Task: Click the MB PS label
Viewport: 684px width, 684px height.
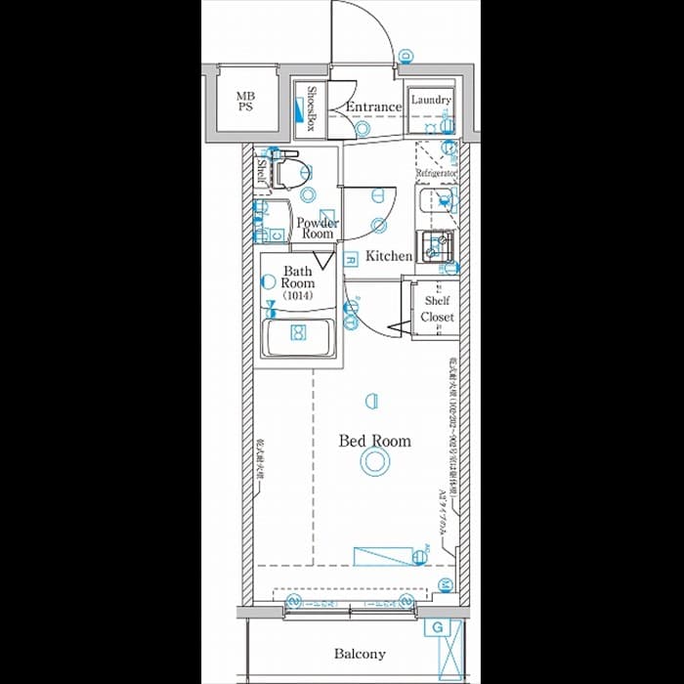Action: coord(244,103)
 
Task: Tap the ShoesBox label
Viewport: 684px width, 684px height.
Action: coord(311,107)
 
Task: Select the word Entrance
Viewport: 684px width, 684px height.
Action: coord(373,107)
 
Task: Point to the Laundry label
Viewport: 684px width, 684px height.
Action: coord(430,100)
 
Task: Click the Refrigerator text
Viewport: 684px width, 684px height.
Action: coord(437,173)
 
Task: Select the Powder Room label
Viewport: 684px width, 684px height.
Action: coord(318,229)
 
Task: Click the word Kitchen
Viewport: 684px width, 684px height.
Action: coord(389,256)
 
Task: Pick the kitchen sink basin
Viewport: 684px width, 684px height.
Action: coord(437,246)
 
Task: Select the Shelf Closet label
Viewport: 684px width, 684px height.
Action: coord(437,309)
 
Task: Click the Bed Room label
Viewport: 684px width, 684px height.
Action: coord(374,441)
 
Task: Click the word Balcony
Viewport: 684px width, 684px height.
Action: coord(360,654)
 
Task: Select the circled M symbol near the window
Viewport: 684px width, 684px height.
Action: coord(444,585)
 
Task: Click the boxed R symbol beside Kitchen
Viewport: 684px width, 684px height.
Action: coord(350,258)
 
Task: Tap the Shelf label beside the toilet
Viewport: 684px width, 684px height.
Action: coord(262,173)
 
